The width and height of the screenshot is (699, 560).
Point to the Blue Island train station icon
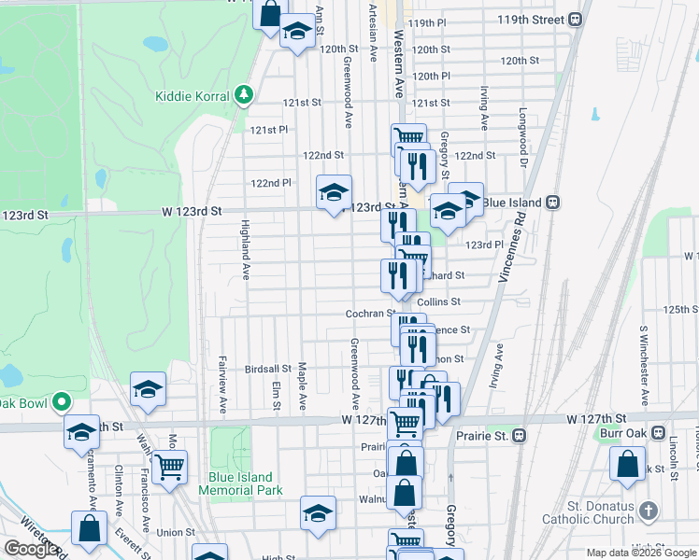[552, 201]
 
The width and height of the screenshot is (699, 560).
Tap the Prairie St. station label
[485, 436]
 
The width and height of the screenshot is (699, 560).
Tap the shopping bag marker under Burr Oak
[628, 464]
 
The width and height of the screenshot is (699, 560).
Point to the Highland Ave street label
[246, 251]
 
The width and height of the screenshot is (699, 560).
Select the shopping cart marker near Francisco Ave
[169, 468]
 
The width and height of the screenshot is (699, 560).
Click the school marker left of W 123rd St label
[334, 192]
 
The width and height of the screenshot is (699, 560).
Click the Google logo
[31, 549]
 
